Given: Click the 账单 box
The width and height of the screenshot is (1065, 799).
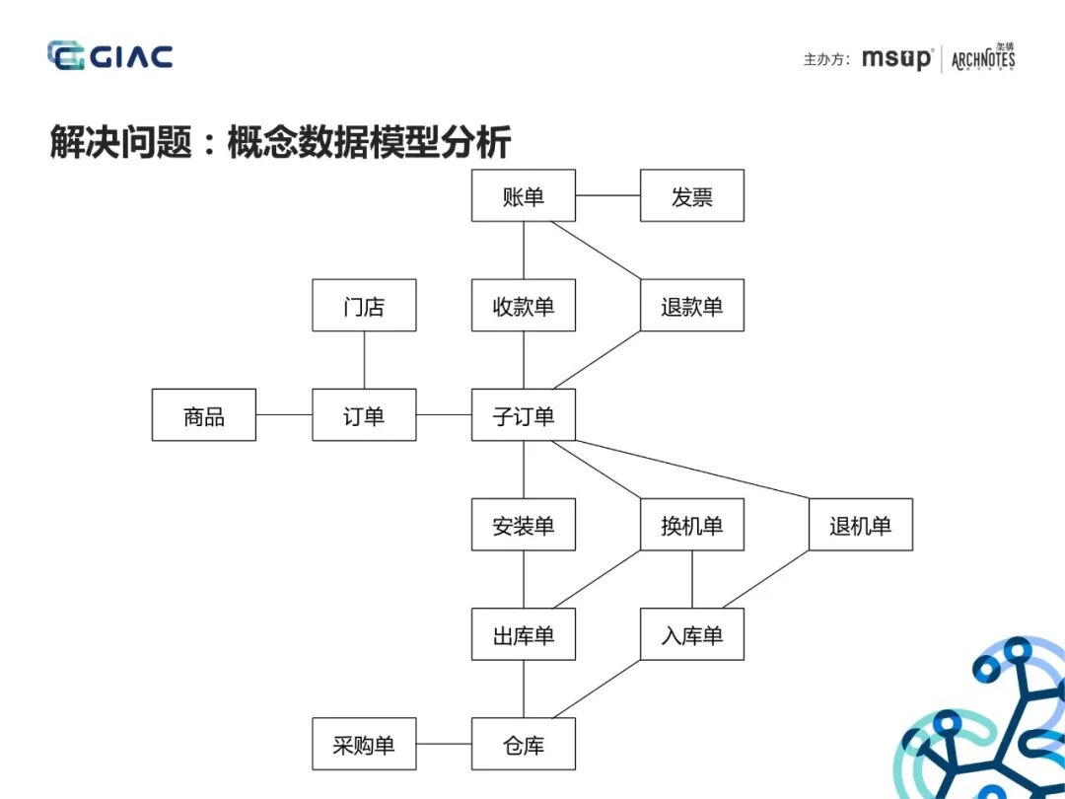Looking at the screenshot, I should click(x=523, y=195).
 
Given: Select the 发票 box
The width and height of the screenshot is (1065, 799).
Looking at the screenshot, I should click(x=691, y=195).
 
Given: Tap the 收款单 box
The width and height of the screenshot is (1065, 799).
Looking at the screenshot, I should click(x=523, y=306).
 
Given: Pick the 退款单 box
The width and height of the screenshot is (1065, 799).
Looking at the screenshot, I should click(x=691, y=306).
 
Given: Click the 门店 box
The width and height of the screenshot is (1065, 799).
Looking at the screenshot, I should click(x=364, y=306).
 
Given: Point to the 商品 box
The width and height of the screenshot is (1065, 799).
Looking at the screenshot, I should click(x=204, y=415).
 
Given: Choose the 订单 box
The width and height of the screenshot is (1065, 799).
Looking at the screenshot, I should click(x=364, y=415).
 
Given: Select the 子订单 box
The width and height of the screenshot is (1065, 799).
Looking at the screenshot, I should click(x=523, y=415).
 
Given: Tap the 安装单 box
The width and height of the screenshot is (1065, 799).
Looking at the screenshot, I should click(x=523, y=525).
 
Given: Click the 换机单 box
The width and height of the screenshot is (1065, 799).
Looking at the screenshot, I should click(x=691, y=525).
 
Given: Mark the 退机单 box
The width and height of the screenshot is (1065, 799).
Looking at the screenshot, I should click(x=860, y=525).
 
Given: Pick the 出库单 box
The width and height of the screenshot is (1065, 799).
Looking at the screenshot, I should click(x=523, y=635).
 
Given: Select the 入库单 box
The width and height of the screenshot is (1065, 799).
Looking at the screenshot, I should click(x=691, y=635).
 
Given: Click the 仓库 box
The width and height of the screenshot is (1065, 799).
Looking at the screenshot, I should click(x=523, y=745).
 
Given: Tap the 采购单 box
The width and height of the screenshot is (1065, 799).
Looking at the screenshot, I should click(x=364, y=745).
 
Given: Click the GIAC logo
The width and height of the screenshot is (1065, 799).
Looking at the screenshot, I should click(x=109, y=55).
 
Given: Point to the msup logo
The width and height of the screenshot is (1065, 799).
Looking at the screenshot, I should click(x=895, y=58).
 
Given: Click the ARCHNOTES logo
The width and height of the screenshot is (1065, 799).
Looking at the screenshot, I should click(x=983, y=58).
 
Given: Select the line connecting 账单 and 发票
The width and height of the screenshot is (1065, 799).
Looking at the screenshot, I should click(x=607, y=195).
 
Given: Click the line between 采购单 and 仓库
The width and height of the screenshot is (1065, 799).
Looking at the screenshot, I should click(x=444, y=745).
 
